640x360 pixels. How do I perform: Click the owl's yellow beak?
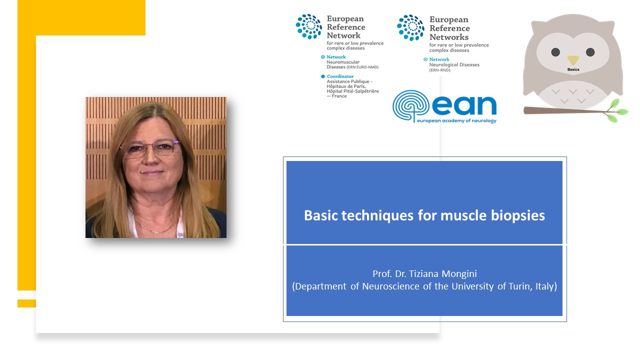click(573, 59)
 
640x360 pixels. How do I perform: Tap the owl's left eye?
click(555, 52)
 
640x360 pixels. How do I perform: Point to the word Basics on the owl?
click(573, 69)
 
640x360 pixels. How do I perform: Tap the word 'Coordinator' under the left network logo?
click(339, 76)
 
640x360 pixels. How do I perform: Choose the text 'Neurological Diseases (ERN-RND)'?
click(454, 67)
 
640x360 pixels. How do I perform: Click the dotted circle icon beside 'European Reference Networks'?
click(410, 27)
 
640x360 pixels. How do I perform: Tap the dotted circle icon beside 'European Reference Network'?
click(309, 26)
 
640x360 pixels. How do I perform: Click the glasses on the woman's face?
click(148, 148)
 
